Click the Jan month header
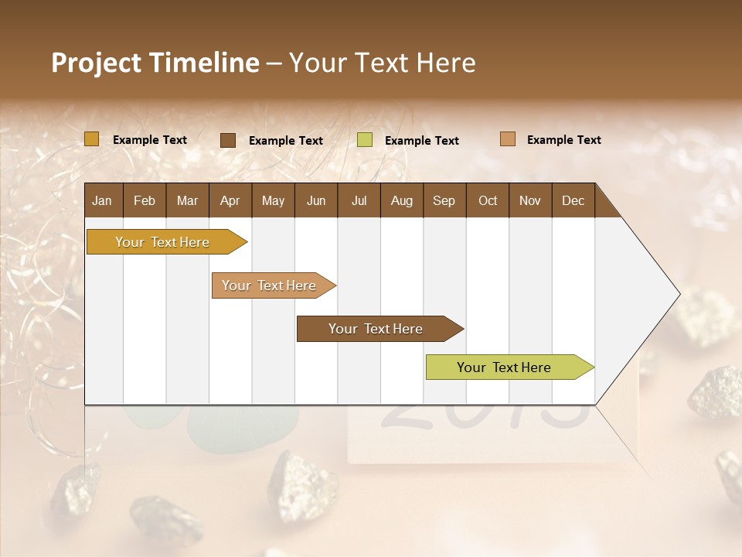coord(102,200)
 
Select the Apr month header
coord(230,200)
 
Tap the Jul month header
coord(359,200)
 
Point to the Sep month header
coord(444,200)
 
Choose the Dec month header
coord(573,200)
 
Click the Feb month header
coord(145,200)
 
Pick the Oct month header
coord(488,200)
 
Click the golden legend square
coord(92,139)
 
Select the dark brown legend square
coord(228,140)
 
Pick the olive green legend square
coord(365,140)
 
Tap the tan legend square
coord(508,139)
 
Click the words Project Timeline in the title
coord(155,63)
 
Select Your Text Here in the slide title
coord(382,63)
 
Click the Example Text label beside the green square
coord(422,141)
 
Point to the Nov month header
coord(530,200)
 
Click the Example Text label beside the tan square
coord(563,140)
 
